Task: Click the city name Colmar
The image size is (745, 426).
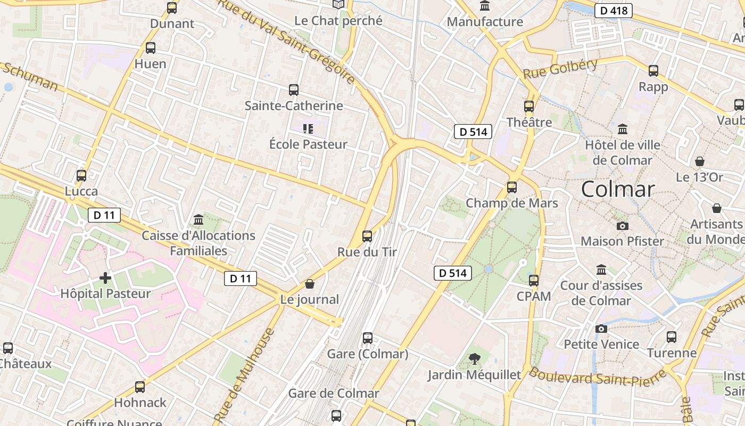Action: (617, 189)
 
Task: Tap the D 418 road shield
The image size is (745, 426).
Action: (613, 11)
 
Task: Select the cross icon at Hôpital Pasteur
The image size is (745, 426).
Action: (105, 277)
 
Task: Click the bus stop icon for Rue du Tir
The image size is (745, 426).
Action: (367, 236)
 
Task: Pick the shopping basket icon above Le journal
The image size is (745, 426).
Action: (310, 284)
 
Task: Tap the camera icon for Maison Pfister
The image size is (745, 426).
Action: (622, 226)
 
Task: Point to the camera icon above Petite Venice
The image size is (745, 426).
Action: (601, 329)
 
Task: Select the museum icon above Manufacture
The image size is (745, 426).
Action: (485, 6)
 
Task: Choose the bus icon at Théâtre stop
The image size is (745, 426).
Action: (528, 106)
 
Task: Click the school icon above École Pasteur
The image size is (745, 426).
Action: (308, 128)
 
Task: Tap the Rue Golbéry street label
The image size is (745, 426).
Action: (560, 69)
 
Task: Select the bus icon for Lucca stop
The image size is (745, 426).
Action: (81, 175)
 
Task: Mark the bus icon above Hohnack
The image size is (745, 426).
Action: (140, 387)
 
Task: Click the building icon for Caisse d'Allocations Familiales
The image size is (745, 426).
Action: (198, 219)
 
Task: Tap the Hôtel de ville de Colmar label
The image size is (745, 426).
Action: (622, 152)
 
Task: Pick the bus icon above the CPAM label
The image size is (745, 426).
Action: (534, 280)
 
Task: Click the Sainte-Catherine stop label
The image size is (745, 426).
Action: (294, 105)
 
